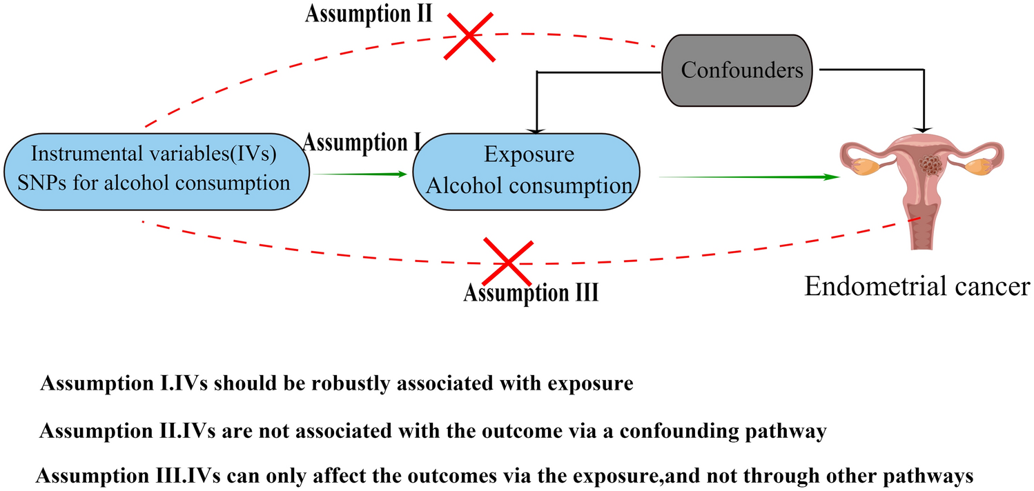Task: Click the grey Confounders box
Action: coord(741,70)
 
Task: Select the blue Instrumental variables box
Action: coord(156,168)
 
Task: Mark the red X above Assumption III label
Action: coord(507,262)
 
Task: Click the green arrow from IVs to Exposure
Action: coord(359,174)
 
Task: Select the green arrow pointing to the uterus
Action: coord(749,177)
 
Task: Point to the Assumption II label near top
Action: coord(369,14)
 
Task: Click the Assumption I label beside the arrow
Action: coord(362,143)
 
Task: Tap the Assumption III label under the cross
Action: coord(530,293)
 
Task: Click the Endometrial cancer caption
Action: coord(917,286)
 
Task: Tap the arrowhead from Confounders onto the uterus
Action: coord(925,128)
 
